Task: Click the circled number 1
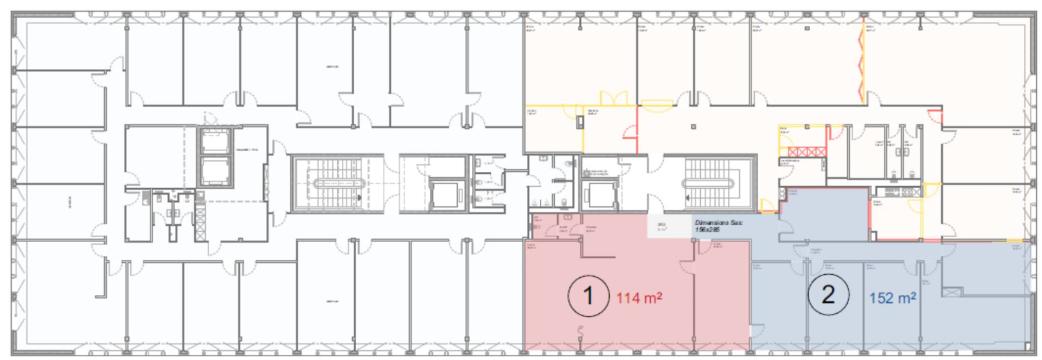[588, 296]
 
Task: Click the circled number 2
[828, 294]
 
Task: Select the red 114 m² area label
[639, 298]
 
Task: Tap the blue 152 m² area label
[892, 298]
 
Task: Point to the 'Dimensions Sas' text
[718, 223]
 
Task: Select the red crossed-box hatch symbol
[807, 152]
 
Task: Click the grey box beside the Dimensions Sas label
[668, 227]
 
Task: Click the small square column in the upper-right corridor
[694, 127]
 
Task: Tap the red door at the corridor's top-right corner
[935, 118]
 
